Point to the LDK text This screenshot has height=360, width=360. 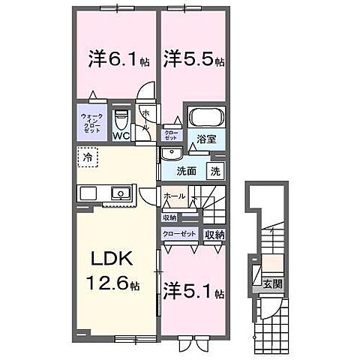[112, 259]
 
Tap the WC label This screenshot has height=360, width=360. [121, 136]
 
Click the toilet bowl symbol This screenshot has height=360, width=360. [121, 119]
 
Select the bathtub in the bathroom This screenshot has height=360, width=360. [205, 118]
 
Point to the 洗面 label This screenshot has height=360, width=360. [187, 171]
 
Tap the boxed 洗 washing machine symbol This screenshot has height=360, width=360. [214, 170]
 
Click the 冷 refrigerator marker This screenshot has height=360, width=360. [88, 158]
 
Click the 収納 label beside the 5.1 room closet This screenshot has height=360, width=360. [215, 235]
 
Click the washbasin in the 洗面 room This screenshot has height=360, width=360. [172, 154]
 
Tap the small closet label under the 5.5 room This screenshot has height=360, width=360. [172, 136]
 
